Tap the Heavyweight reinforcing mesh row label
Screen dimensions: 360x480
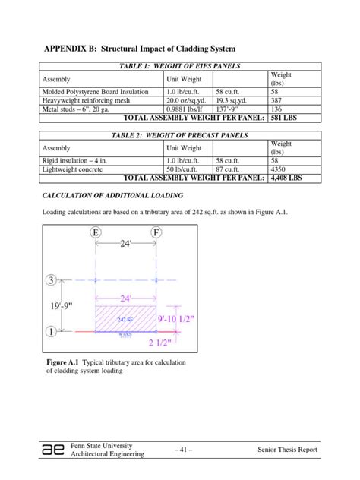coord(84,99)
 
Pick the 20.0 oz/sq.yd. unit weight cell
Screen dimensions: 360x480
coord(188,99)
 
